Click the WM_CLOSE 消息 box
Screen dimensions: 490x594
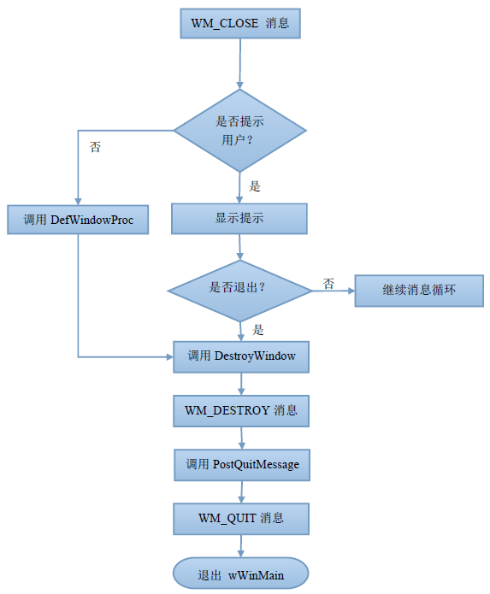[x=240, y=23]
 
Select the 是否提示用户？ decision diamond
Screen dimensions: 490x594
[x=240, y=131]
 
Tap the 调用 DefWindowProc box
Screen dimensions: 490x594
[x=78, y=220]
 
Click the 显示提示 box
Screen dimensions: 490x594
[x=239, y=219]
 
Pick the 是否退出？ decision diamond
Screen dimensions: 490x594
[x=239, y=291]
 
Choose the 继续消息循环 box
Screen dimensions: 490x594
[x=419, y=291]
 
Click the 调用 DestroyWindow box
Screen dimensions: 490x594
[x=241, y=357]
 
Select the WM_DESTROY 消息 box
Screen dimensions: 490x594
[x=241, y=411]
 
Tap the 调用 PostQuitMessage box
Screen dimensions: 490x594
[x=242, y=465]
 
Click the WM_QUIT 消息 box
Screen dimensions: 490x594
[x=241, y=519]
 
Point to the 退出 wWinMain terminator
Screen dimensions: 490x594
[x=240, y=573]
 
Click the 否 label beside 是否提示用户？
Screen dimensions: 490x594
[x=95, y=147]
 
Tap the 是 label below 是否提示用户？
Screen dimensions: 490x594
[x=255, y=186]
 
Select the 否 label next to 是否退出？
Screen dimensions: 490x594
[x=328, y=284]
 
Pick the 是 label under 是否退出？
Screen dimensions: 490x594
[x=258, y=330]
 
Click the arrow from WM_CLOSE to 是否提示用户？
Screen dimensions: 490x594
[x=240, y=63]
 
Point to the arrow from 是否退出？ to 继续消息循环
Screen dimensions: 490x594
[x=334, y=291]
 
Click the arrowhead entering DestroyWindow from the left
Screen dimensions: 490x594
[x=170, y=357]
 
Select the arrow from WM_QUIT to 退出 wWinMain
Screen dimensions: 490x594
[x=241, y=546]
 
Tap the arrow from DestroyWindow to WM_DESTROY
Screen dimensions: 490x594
[x=241, y=384]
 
